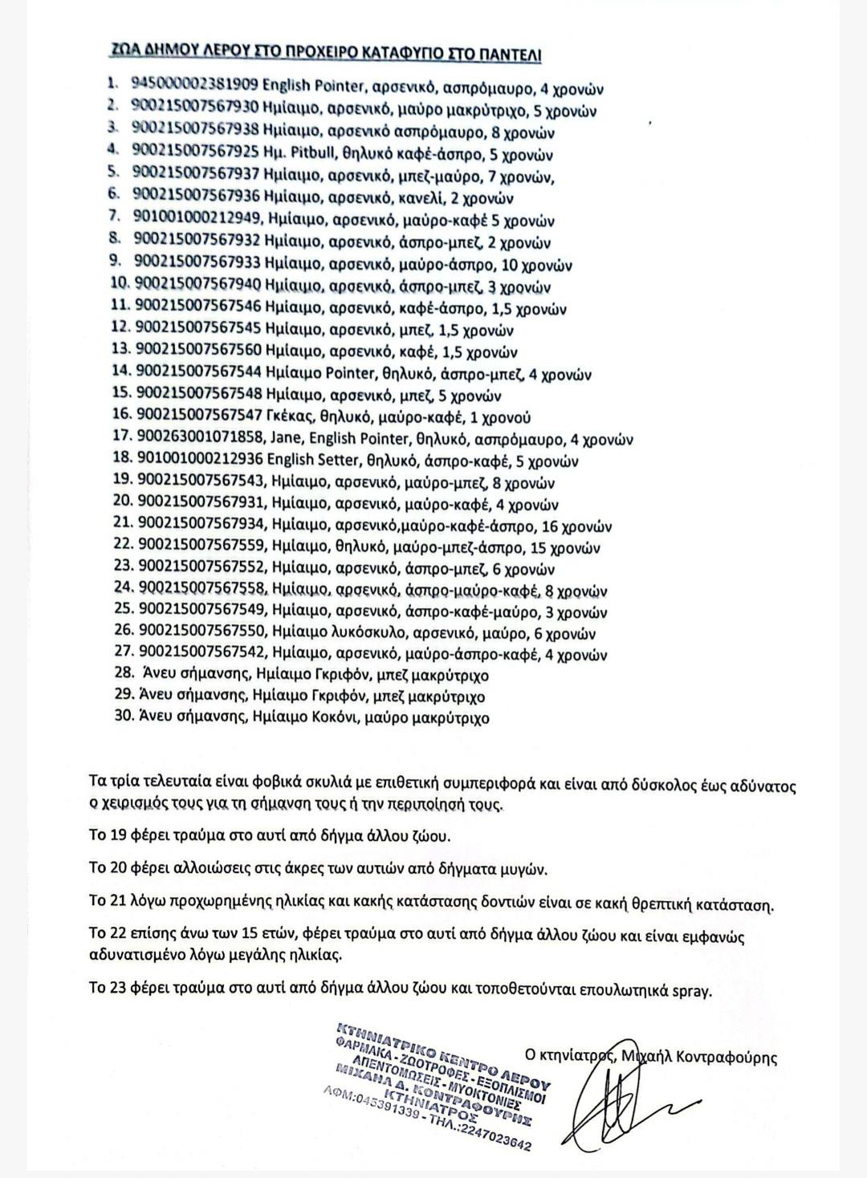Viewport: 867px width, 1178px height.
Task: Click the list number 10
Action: (x=120, y=286)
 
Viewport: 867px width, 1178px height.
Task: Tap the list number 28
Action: (x=124, y=675)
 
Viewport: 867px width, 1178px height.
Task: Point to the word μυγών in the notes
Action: (x=529, y=869)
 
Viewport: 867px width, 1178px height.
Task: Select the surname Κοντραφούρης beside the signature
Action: (x=723, y=1057)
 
